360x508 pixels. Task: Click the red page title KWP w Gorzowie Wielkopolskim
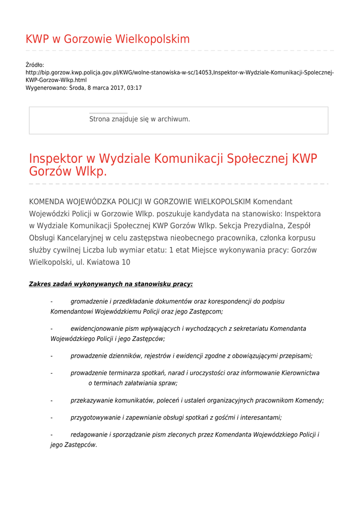pyautogui.click(x=107, y=39)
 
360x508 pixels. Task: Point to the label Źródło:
pyautogui.click(x=35, y=65)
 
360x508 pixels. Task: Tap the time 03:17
pyautogui.click(x=134, y=88)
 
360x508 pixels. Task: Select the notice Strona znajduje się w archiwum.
pyautogui.click(x=140, y=119)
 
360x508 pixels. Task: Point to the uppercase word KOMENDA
pyautogui.click(x=49, y=202)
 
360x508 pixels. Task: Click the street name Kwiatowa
pyautogui.click(x=101, y=262)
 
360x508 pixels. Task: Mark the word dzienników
pyautogui.click(x=124, y=356)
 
